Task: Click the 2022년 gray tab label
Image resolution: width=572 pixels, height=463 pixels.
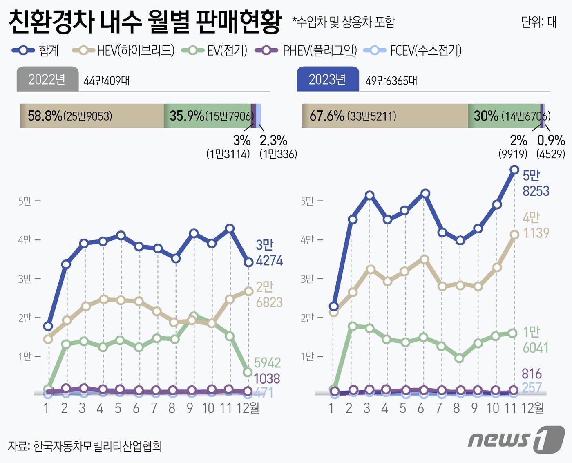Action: point(47,79)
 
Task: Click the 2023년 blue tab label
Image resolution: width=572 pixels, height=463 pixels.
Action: point(327,79)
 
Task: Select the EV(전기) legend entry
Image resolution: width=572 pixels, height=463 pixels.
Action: point(227,51)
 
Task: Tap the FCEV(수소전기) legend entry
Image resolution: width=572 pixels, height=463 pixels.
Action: point(425,51)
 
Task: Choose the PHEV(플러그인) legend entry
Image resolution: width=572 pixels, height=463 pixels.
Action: point(319,51)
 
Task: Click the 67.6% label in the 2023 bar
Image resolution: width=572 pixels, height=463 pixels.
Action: point(327,116)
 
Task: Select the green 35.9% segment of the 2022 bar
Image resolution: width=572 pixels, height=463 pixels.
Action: point(207,116)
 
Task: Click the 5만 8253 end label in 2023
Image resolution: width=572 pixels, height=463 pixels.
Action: point(536,183)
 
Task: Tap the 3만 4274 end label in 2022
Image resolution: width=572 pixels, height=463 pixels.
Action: point(269,253)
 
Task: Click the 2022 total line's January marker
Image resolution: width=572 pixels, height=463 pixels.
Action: point(48,326)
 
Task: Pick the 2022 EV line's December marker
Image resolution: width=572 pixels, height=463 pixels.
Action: point(248,372)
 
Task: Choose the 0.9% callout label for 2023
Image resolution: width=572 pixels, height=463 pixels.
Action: point(551,141)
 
